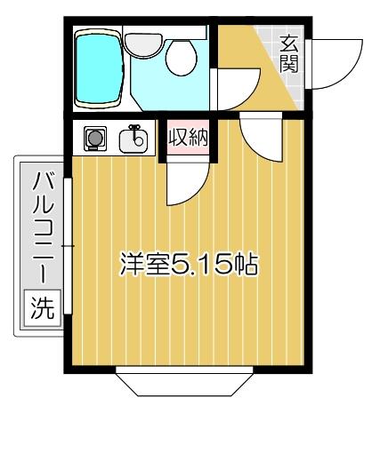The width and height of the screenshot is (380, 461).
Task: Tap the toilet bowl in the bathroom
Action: [181, 61]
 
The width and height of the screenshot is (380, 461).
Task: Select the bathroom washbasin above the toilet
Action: [141, 42]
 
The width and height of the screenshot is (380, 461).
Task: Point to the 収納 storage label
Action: [186, 139]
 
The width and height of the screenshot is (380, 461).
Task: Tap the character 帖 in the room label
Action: [247, 265]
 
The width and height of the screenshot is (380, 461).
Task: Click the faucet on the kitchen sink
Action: [135, 132]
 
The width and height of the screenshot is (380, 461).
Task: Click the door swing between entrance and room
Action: [263, 138]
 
